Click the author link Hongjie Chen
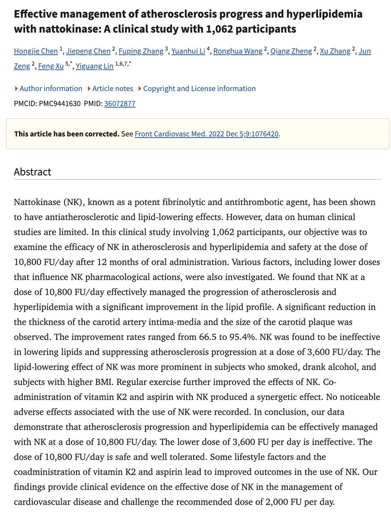tap(36, 51)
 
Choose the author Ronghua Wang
tap(238, 51)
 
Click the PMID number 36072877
tap(119, 104)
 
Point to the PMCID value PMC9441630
tap(59, 104)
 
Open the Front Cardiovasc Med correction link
tap(207, 134)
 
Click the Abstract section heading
tap(33, 171)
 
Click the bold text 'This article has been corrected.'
tap(66, 134)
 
